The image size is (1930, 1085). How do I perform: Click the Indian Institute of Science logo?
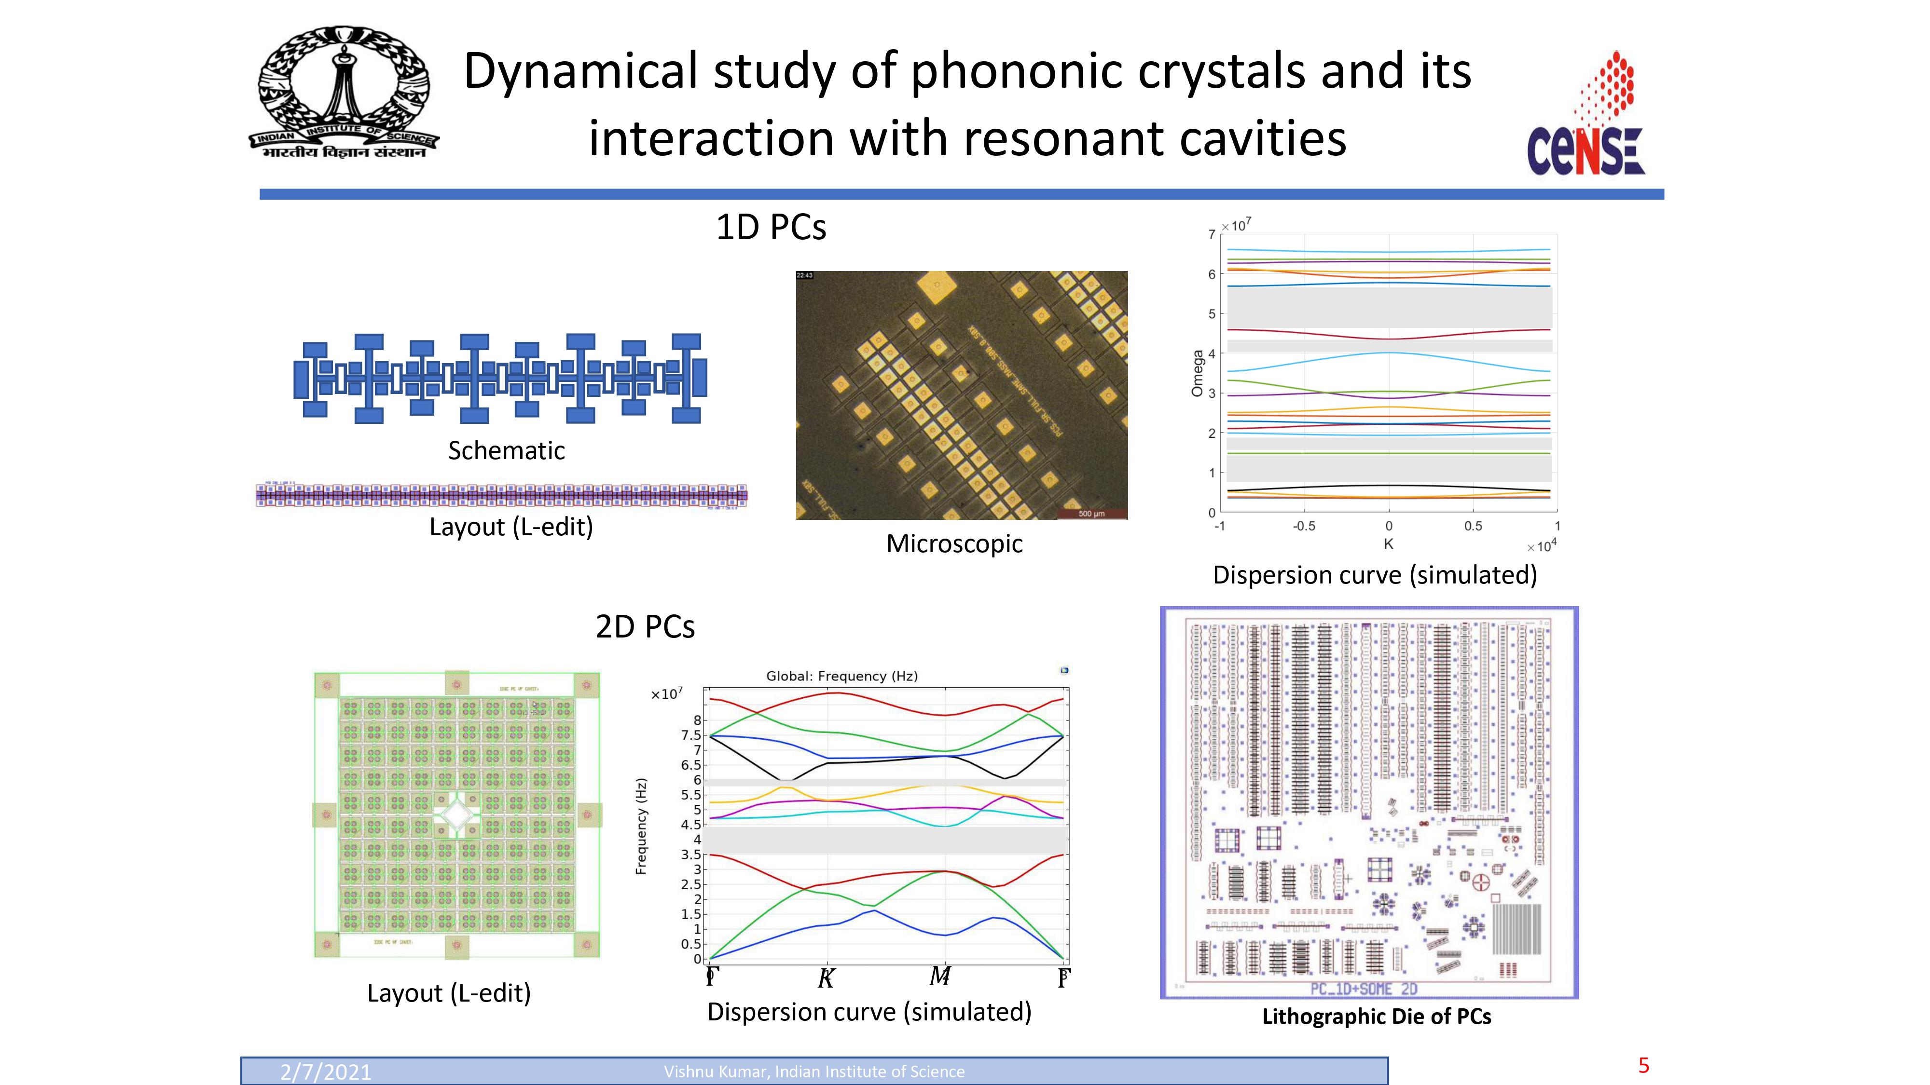point(344,93)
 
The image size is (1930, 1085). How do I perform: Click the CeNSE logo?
point(1585,116)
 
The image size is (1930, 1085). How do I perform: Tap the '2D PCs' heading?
point(645,627)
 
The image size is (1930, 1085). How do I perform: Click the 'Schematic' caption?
point(507,451)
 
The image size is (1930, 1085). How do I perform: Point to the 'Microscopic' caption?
point(954,543)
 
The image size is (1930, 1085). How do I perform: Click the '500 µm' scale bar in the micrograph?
point(1091,514)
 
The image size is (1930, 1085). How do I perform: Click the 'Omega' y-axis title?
point(1197,373)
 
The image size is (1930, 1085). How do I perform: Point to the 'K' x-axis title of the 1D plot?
point(1388,544)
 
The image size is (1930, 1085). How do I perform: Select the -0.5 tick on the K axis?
point(1304,527)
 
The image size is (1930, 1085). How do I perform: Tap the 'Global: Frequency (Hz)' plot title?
point(841,676)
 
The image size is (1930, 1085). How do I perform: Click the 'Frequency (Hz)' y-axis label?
point(641,827)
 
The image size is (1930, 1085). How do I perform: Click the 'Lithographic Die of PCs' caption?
point(1376,1017)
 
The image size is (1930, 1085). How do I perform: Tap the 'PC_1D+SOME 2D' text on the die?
point(1364,989)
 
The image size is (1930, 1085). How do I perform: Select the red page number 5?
point(1644,1066)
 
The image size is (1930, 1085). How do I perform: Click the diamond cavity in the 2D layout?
point(457,813)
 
